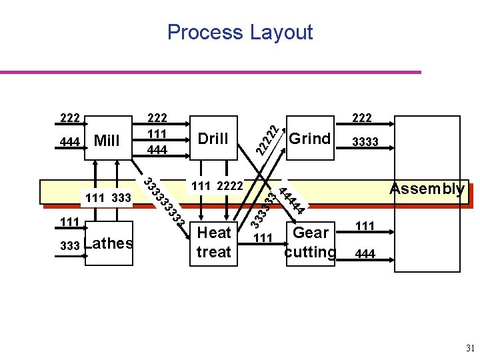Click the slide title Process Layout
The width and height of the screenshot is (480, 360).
pyautogui.click(x=240, y=32)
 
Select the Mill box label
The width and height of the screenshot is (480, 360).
pyautogui.click(x=107, y=140)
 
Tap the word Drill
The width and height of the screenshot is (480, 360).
pyautogui.click(x=213, y=139)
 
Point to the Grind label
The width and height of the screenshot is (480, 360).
pyautogui.click(x=309, y=139)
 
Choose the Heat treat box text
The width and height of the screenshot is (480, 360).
pyautogui.click(x=213, y=243)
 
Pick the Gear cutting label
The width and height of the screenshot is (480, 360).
pyautogui.click(x=309, y=243)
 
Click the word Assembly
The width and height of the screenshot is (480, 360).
pyautogui.click(x=427, y=189)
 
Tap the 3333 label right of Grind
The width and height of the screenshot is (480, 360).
pyautogui.click(x=365, y=142)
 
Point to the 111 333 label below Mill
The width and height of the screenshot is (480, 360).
pyautogui.click(x=107, y=197)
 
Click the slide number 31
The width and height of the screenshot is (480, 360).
pyautogui.click(x=470, y=347)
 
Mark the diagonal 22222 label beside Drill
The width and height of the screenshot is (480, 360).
pyautogui.click(x=267, y=137)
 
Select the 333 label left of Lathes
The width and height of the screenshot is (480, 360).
pyautogui.click(x=69, y=246)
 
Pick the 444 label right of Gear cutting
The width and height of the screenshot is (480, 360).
pyautogui.click(x=365, y=253)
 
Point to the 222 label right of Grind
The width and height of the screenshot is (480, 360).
pyautogui.click(x=361, y=119)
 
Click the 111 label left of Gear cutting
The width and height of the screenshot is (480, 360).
pyautogui.click(x=264, y=239)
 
